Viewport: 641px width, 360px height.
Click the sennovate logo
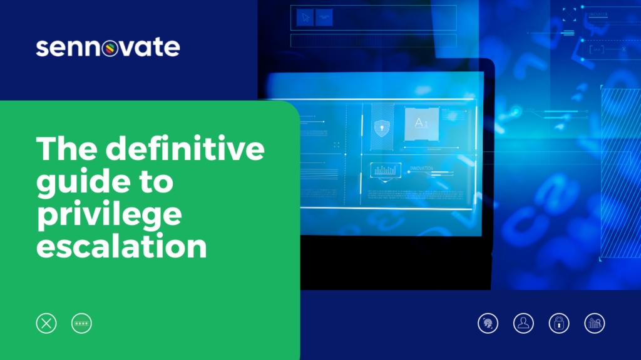[108, 47]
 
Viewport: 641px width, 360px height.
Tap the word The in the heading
[66, 151]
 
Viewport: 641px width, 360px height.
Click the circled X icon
[46, 323]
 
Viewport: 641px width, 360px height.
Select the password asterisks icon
[81, 323]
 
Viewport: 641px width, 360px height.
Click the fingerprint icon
[488, 323]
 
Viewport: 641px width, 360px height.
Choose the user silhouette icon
[523, 323]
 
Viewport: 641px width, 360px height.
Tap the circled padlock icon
[559, 323]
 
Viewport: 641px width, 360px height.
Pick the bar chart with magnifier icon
[595, 323]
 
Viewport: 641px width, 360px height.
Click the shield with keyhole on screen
[381, 128]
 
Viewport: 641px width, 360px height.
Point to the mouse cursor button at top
[305, 17]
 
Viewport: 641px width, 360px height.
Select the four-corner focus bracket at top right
[568, 14]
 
